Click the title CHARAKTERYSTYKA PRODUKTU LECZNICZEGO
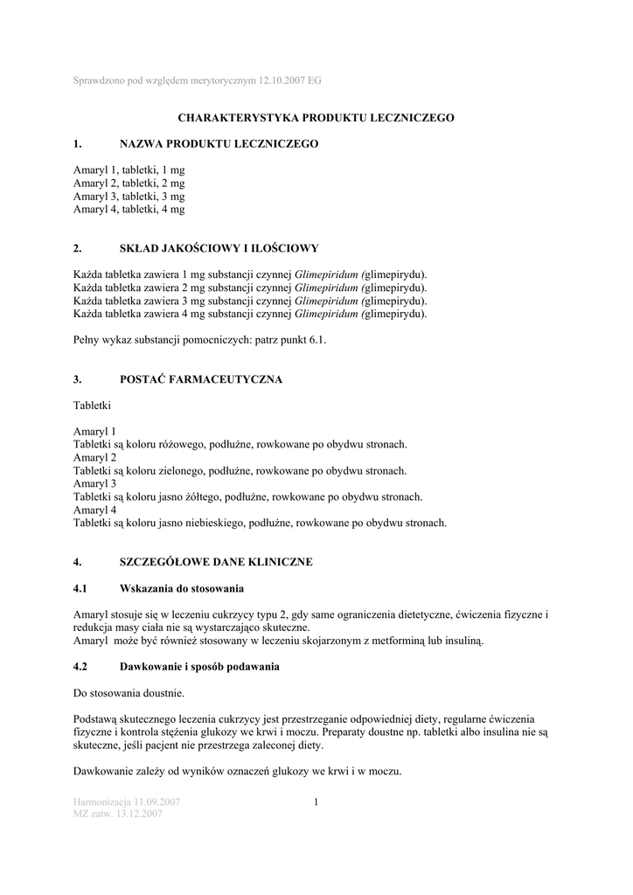tap(316, 117)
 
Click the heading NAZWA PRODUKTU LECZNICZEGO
tap(219, 143)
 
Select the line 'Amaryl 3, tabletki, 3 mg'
tap(129, 197)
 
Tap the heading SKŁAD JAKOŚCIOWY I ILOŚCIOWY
tap(219, 248)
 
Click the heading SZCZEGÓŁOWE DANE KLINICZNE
tap(215, 562)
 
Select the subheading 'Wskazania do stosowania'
tap(181, 588)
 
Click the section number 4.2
tap(81, 667)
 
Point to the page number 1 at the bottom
tap(316, 802)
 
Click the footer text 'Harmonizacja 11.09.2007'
tap(127, 802)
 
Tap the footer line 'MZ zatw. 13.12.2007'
tap(118, 815)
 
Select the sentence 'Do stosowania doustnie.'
tap(129, 693)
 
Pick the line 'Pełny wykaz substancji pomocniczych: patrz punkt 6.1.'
tap(199, 340)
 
